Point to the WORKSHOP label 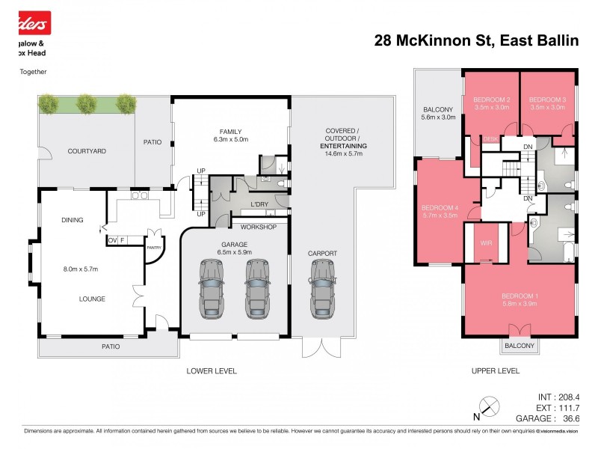(259, 227)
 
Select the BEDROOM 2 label (492, 100)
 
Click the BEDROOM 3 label (547, 100)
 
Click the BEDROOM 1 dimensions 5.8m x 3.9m (520, 304)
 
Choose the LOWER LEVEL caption (212, 370)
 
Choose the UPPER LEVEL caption (496, 370)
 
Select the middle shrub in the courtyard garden (87, 103)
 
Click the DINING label (72, 220)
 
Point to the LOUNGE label (93, 299)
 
